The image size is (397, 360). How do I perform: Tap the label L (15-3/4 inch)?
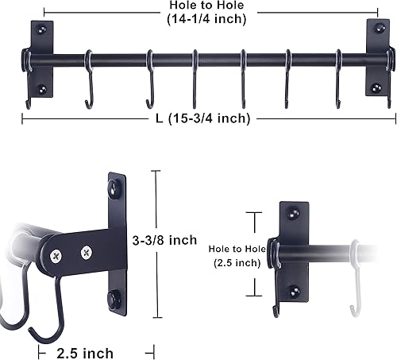pyautogui.click(x=203, y=119)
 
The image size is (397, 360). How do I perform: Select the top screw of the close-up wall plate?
pyautogui.click(x=117, y=188)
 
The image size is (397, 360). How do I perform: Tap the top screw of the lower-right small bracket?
pyautogui.click(x=295, y=213)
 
